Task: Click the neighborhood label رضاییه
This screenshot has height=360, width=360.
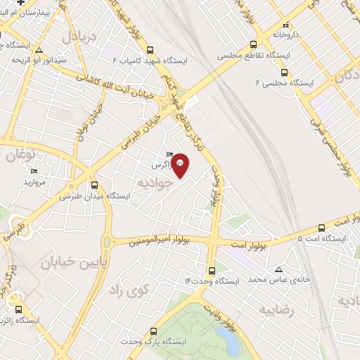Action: pos(277,309)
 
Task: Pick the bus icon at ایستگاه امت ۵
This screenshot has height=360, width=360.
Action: pos(321,227)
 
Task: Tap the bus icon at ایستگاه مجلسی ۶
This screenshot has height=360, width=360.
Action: pos(284,72)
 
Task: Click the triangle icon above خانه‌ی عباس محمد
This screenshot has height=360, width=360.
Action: pos(278,269)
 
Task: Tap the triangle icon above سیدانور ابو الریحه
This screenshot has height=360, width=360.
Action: pos(39,50)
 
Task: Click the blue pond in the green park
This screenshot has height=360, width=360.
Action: pos(229,341)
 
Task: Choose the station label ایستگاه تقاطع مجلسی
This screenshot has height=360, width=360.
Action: pos(244,54)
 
